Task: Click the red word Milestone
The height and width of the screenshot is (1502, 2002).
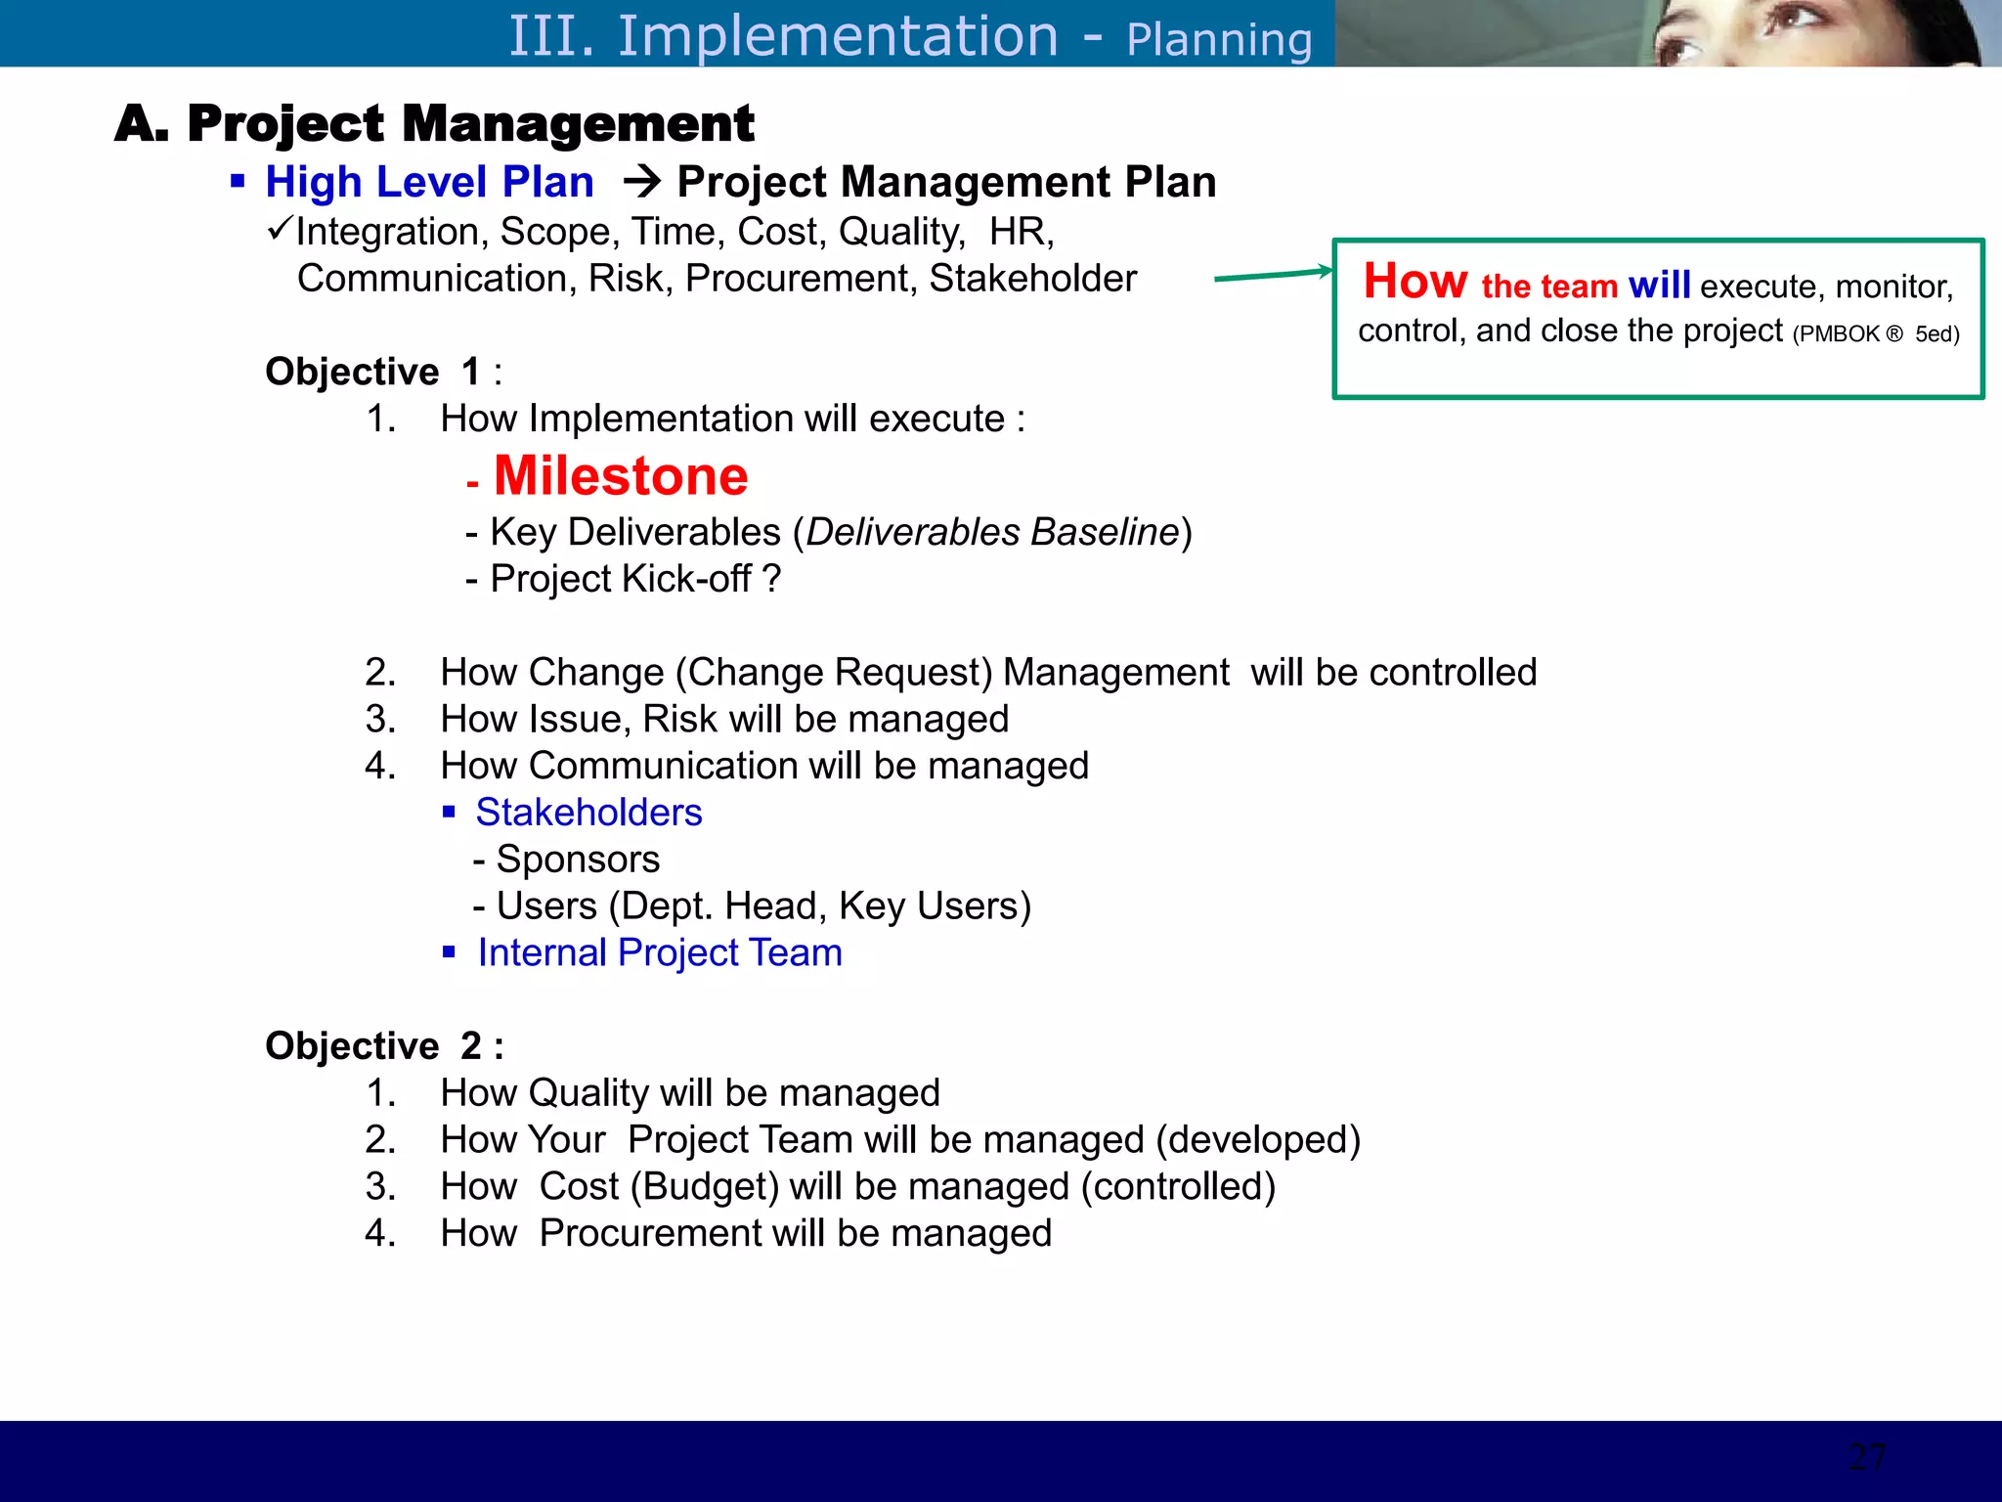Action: [x=621, y=476]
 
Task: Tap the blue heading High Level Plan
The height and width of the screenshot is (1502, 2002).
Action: [x=429, y=183]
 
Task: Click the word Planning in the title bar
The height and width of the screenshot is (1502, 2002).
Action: [x=1218, y=40]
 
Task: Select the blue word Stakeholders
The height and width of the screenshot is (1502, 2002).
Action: [x=588, y=813]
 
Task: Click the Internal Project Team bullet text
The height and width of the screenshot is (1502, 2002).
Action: [x=659, y=952]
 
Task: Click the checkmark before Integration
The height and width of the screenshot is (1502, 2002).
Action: [x=279, y=230]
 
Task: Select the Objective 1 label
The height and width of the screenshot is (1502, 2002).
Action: [x=383, y=372]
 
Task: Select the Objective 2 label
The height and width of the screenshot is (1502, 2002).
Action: [x=383, y=1046]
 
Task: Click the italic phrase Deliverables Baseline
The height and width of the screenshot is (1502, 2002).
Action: [x=992, y=532]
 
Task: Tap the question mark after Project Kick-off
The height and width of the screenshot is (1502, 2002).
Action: [x=772, y=579]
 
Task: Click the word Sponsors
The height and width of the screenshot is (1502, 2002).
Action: [x=578, y=860]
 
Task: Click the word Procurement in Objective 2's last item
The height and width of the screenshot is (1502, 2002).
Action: [x=650, y=1233]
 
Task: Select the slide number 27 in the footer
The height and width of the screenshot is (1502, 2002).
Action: [x=1867, y=1457]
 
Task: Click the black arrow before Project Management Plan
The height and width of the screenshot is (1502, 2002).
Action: [x=642, y=181]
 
